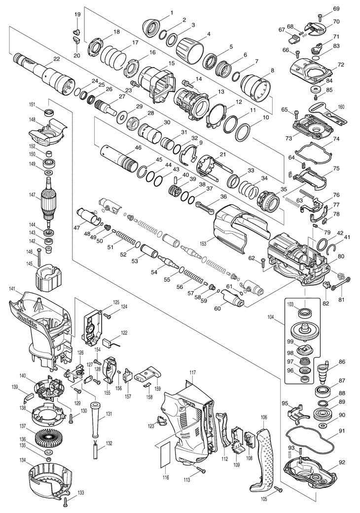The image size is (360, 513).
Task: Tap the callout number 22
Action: pyautogui.click(x=57, y=59)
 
